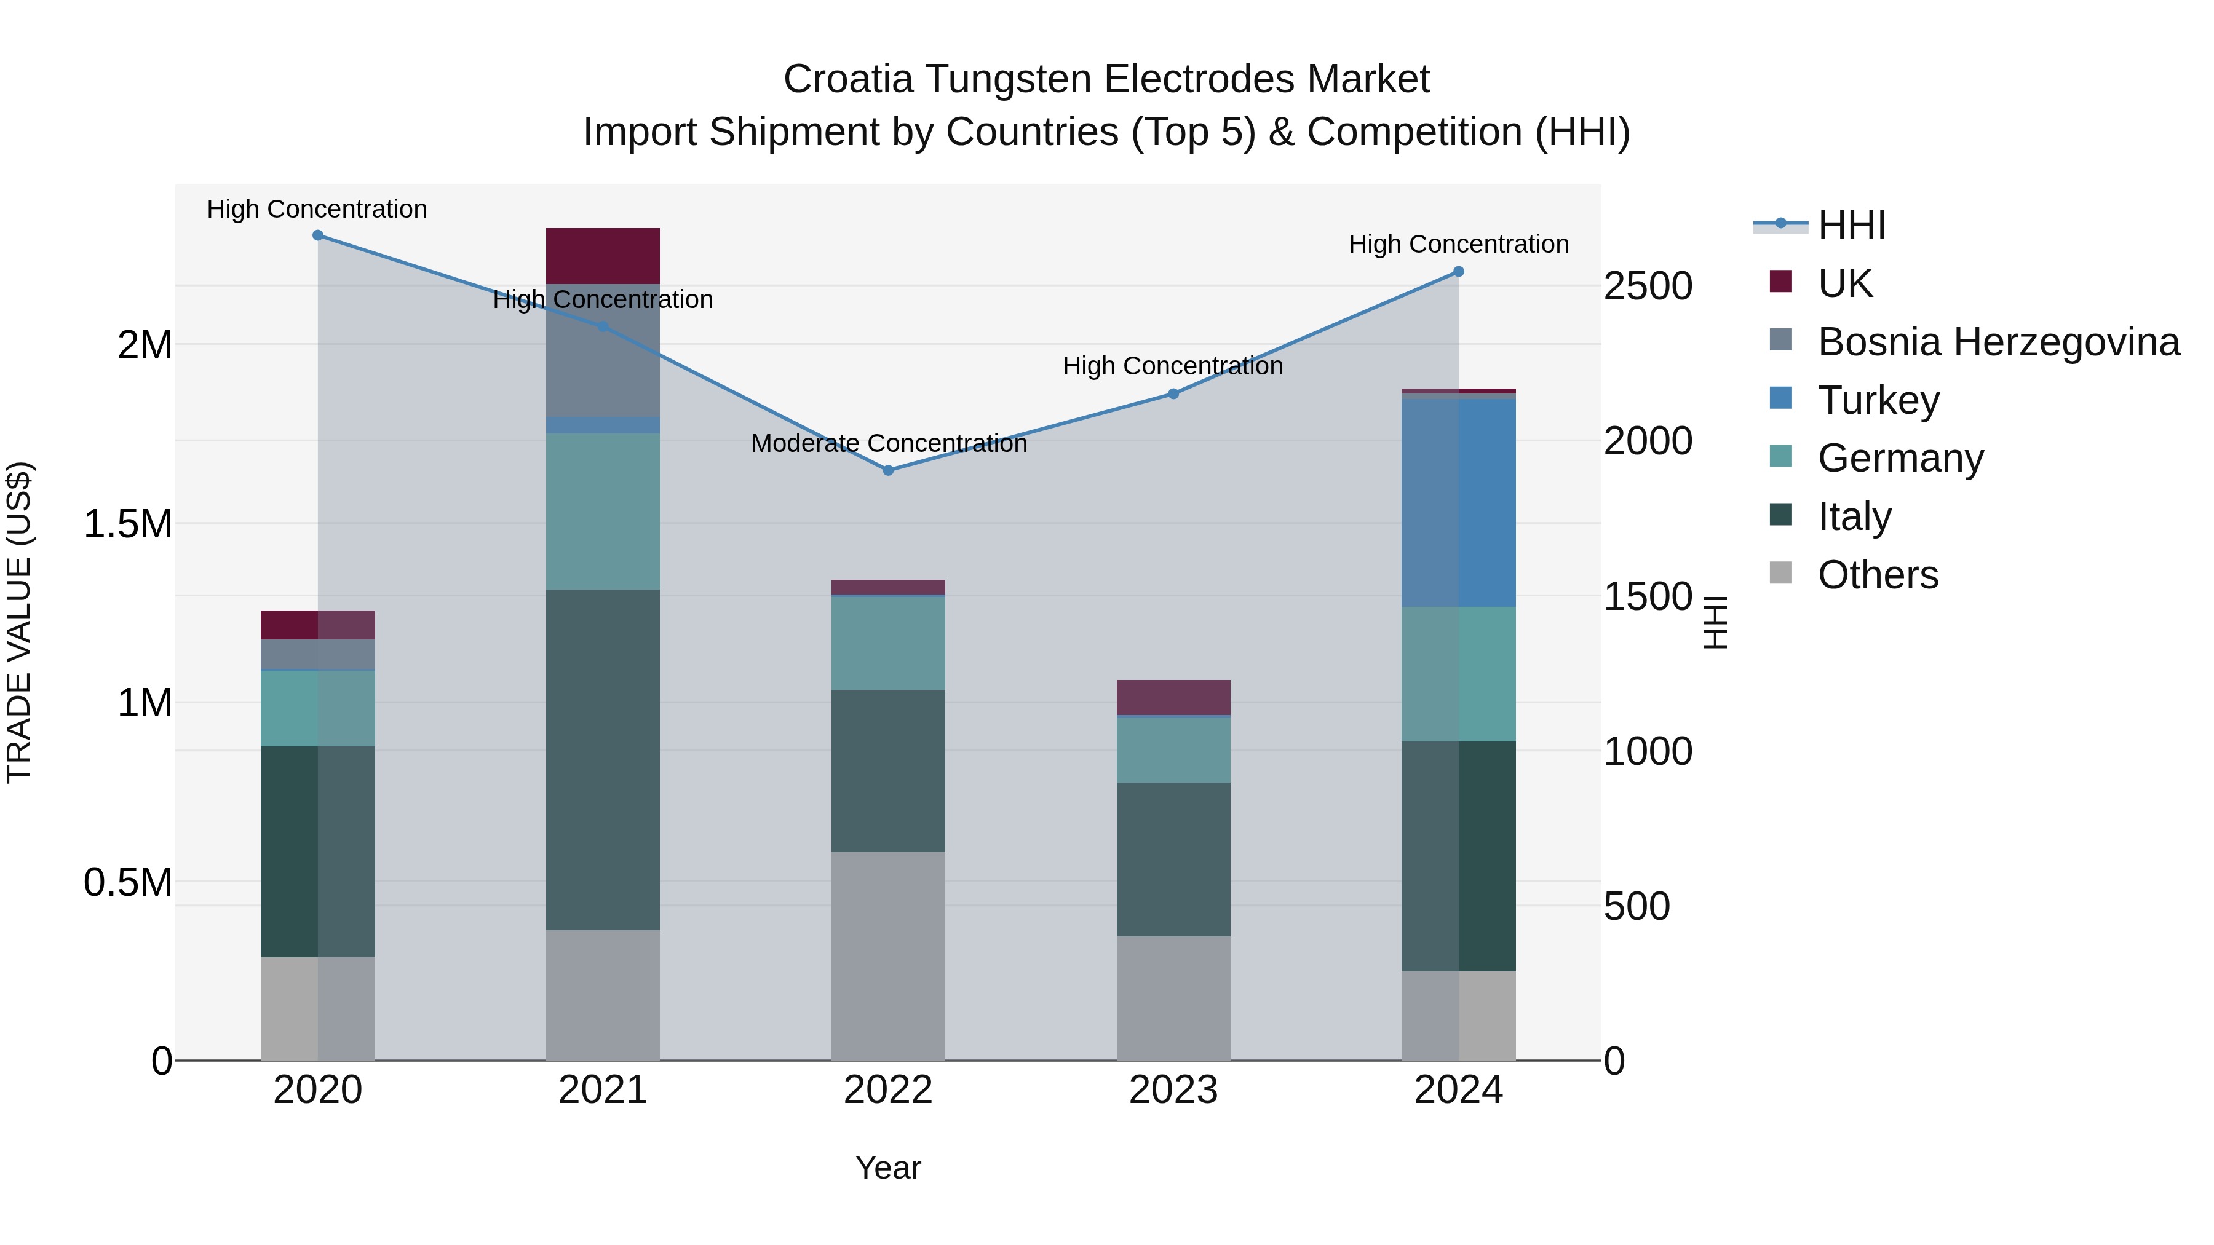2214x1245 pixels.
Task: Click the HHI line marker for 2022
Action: (x=889, y=470)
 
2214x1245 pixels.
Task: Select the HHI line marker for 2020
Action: (x=318, y=235)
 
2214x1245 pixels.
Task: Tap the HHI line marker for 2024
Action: (x=1459, y=272)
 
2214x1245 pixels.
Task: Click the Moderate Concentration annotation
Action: (x=889, y=443)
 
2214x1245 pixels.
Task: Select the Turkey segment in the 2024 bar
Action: (x=1459, y=503)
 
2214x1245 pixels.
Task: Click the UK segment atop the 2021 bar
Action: (x=603, y=256)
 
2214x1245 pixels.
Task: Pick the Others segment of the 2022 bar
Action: (x=888, y=955)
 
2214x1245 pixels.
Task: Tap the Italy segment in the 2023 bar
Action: (x=1173, y=860)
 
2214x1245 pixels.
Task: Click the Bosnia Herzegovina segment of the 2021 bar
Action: (x=603, y=350)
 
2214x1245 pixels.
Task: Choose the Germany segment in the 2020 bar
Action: (x=318, y=708)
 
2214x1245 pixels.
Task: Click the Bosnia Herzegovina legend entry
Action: (x=1998, y=342)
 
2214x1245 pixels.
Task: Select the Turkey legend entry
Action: (x=1878, y=400)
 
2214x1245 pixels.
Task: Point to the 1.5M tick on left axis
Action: (x=128, y=524)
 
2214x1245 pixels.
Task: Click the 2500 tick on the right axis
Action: (x=1648, y=286)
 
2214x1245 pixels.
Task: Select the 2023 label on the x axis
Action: (x=1173, y=1090)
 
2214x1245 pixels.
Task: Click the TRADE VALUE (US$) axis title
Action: (x=19, y=622)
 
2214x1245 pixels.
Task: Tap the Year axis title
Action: (x=888, y=1168)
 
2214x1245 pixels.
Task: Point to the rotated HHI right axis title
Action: (x=1715, y=622)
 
